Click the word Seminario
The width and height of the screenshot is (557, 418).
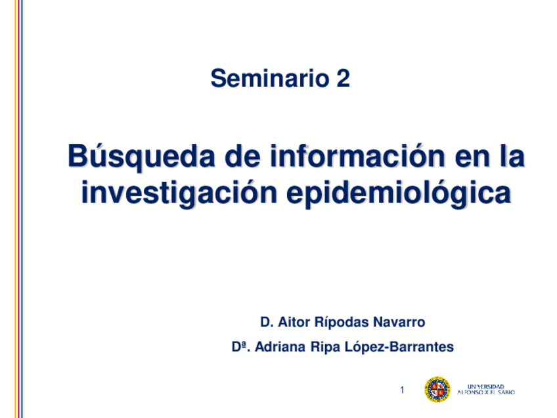tap(269, 80)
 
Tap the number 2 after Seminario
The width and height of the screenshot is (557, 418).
tap(343, 80)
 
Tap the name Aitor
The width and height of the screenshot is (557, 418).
tap(292, 323)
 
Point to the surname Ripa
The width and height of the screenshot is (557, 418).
tap(326, 347)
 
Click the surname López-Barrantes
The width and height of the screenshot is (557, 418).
tap(399, 347)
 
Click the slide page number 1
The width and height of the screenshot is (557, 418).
tap(402, 390)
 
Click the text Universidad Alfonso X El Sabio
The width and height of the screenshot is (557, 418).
tap(490, 389)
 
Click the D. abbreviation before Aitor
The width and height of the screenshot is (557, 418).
tap(266, 323)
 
